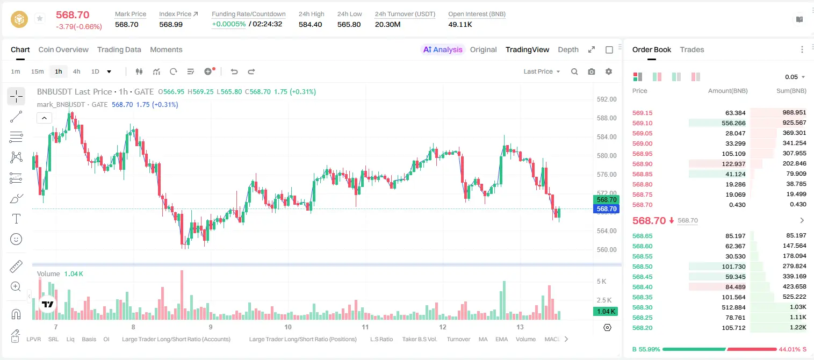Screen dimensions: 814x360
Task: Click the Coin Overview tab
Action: tap(63, 49)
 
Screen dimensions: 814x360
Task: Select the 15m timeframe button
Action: tap(37, 71)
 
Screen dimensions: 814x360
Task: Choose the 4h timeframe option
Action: tap(76, 71)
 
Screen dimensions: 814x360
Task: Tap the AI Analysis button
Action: tap(443, 49)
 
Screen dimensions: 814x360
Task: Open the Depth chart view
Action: tap(568, 49)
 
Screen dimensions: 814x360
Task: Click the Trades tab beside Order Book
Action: tap(692, 49)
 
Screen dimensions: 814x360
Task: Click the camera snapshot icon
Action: tap(592, 71)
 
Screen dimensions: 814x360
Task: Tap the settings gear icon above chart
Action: tap(609, 71)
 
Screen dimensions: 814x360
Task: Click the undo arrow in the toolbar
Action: tap(234, 71)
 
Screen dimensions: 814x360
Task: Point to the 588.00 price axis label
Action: tap(607, 118)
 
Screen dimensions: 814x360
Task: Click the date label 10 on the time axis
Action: tap(288, 327)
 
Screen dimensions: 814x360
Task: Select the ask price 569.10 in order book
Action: tap(642, 123)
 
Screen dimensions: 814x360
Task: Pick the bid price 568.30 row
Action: tap(642, 307)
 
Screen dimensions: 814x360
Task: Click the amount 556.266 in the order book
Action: tap(733, 123)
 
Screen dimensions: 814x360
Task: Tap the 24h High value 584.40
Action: tap(311, 24)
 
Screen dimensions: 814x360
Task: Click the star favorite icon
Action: tap(40, 18)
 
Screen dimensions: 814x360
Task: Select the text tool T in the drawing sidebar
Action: tap(16, 219)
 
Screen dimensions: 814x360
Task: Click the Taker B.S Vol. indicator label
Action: tap(419, 339)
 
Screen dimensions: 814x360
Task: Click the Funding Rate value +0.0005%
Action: tap(228, 24)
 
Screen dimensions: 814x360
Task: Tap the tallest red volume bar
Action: tap(182, 295)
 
